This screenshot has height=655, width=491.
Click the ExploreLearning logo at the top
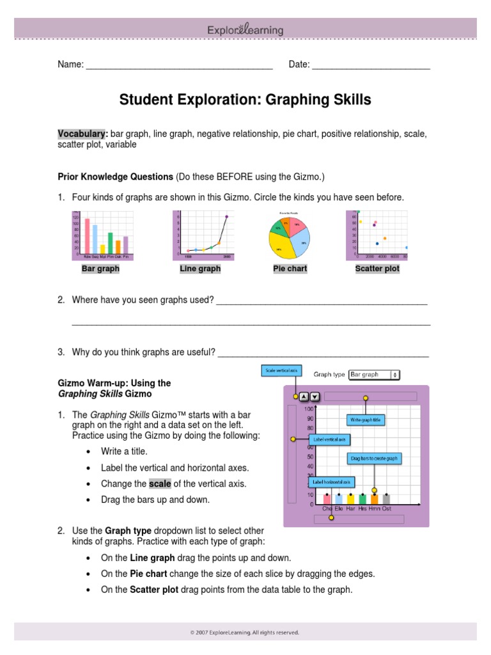(245, 30)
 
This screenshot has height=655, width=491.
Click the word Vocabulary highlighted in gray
(82, 134)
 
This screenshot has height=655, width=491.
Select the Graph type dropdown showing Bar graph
(375, 374)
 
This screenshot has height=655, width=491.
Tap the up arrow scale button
(304, 397)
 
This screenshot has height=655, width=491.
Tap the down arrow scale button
(315, 397)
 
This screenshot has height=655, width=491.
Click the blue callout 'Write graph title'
(366, 420)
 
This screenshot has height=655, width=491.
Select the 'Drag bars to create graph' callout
(374, 458)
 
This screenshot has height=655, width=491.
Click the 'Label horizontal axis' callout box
(331, 482)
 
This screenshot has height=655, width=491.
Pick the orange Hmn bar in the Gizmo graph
(375, 499)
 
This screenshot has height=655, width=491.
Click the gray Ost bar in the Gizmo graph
(386, 499)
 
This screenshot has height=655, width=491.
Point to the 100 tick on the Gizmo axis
(309, 408)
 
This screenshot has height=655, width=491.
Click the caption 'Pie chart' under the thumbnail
(290, 269)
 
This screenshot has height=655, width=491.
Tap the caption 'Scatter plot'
(377, 269)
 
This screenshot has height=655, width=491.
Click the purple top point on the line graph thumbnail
(226, 217)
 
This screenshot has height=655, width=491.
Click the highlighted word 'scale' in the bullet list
(160, 484)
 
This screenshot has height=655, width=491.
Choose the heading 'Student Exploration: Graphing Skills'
(245, 100)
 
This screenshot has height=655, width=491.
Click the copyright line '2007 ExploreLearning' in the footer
(245, 633)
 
